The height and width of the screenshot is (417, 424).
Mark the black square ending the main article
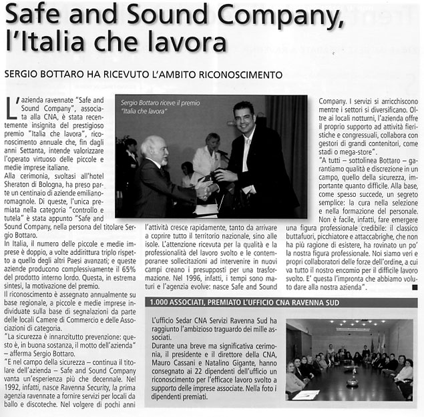415,288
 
